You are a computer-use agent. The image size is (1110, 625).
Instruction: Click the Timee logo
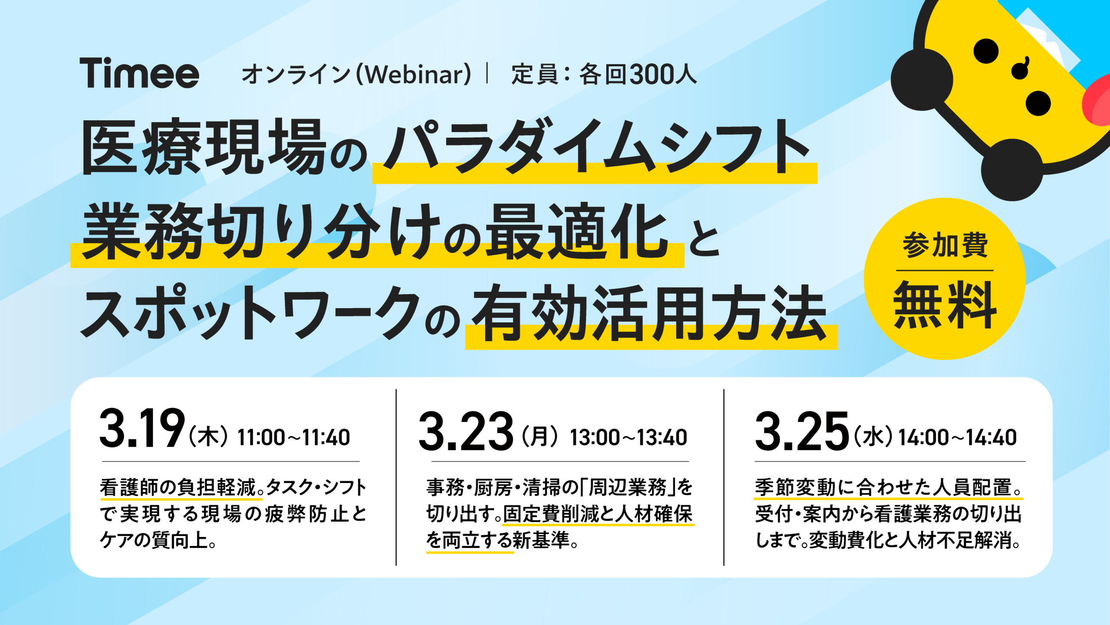coord(139,73)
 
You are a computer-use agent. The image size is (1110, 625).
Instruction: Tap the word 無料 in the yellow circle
coord(945,305)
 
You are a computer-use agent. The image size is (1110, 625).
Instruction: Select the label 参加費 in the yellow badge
coord(945,245)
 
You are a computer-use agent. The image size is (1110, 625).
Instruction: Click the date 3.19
coord(142,428)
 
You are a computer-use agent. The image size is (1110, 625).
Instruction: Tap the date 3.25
coord(802,431)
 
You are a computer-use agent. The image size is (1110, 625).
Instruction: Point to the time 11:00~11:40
coord(294,437)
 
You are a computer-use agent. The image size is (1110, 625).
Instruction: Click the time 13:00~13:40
coord(628,437)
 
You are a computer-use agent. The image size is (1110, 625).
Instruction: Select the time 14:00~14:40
coord(957,437)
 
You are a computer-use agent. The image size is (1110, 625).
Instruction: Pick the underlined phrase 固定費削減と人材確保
coord(598,514)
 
